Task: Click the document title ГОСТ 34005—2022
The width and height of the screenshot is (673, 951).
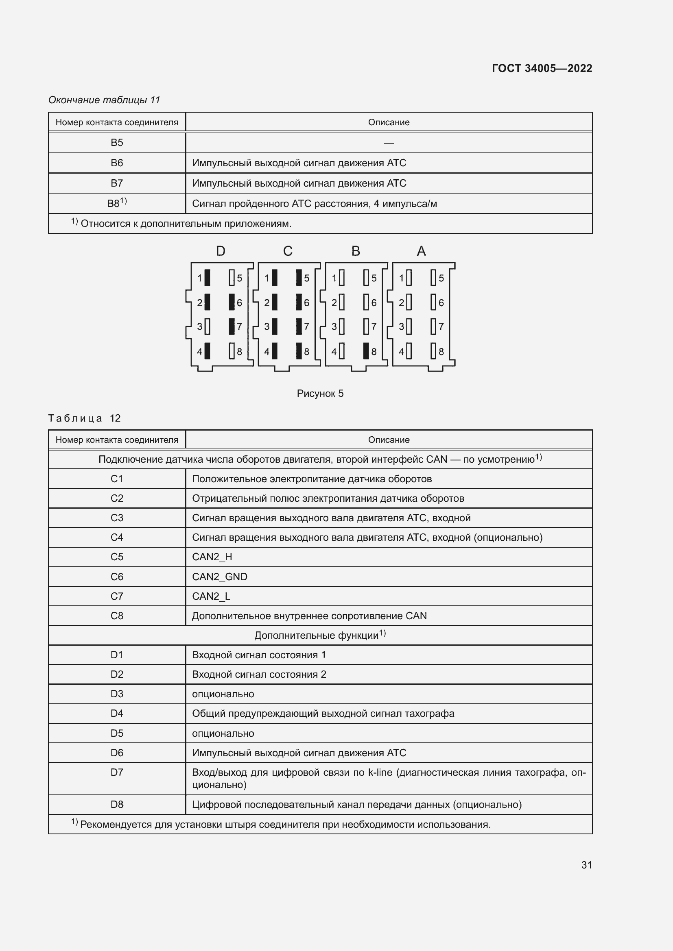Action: (542, 68)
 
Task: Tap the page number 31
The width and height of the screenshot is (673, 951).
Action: (586, 865)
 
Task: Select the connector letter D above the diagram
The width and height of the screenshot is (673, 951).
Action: (221, 251)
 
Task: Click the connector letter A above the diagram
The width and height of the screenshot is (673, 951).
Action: (421, 251)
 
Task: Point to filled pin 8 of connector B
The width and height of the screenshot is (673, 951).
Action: (366, 351)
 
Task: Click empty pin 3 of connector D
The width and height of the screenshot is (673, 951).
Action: (208, 326)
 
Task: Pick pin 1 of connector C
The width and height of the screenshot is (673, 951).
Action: (274, 278)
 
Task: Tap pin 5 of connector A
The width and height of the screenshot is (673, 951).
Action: (433, 278)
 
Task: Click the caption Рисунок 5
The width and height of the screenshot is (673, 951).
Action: (320, 394)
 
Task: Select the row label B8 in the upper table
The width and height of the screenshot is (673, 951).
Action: (116, 203)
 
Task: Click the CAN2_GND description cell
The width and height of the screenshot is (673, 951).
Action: (220, 577)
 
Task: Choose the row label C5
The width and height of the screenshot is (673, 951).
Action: (116, 557)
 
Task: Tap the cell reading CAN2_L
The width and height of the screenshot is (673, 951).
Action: (211, 596)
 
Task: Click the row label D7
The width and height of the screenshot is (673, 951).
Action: (116, 772)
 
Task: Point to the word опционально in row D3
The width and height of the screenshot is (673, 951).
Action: (223, 694)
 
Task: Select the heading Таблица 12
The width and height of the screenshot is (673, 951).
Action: (85, 418)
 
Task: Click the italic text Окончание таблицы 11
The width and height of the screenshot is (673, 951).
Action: (104, 100)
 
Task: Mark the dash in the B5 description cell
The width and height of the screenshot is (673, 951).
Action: (388, 143)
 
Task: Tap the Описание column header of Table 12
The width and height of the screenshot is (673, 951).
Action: (388, 440)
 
